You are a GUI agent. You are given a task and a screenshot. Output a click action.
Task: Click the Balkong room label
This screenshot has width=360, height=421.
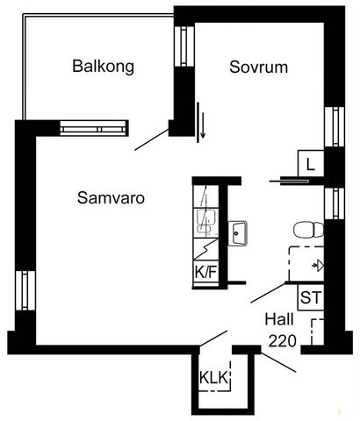[x=104, y=66]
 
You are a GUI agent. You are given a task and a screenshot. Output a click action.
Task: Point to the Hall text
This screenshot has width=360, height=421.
[x=280, y=321]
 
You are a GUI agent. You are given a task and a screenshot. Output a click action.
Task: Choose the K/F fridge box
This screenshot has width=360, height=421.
[x=205, y=273]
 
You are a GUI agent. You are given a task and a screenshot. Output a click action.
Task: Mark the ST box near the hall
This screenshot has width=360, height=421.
[x=311, y=297]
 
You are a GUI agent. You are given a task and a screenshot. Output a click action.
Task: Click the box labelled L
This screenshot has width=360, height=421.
[x=311, y=162]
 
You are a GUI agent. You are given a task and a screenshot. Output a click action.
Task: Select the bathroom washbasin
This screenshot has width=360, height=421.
[x=239, y=233]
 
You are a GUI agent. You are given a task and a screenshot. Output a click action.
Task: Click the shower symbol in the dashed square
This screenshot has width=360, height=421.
[x=318, y=264]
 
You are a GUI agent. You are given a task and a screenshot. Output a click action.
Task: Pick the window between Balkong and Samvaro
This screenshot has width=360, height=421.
[x=95, y=128]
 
